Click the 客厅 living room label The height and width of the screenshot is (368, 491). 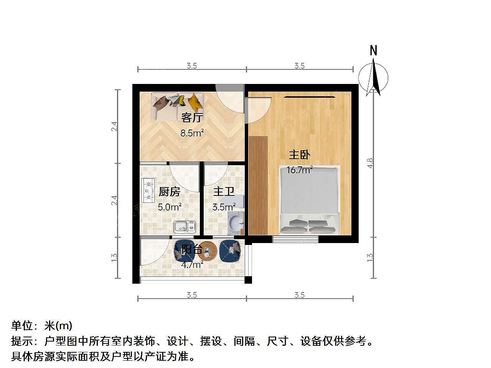192,118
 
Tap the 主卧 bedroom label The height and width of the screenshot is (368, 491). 299,155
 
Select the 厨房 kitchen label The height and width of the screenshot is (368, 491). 169,192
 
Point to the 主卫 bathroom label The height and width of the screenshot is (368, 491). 224,192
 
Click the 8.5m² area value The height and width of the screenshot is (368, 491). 192,133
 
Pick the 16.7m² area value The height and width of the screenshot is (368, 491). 300,170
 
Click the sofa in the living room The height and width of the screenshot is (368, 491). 177,107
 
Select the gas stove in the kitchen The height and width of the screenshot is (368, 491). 148,191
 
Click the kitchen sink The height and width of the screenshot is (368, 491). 185,226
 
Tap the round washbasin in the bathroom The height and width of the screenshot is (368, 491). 236,223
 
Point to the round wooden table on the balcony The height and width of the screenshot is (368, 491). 208,251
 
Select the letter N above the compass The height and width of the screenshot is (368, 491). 373,50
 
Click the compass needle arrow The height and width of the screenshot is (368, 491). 373,77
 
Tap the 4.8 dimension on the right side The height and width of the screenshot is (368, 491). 370,163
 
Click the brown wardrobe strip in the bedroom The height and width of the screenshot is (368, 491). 258,186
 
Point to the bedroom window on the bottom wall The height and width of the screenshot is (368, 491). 295,239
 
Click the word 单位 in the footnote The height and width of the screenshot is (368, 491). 22,326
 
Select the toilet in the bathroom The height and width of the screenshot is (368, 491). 233,202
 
